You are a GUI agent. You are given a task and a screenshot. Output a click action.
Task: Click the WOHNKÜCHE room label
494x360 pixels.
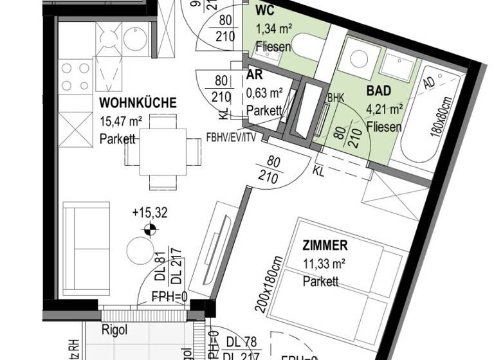pos(138,103)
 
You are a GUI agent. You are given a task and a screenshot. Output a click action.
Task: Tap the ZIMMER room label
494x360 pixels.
pos(325,245)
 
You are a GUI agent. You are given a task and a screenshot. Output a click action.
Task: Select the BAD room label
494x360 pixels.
pos(379,91)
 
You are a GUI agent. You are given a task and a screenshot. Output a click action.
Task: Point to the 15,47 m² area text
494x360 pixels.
pos(121,121)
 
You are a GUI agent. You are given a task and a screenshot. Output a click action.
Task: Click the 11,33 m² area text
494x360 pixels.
pos(325,263)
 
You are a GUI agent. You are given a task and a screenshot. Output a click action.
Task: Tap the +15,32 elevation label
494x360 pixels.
pos(149,213)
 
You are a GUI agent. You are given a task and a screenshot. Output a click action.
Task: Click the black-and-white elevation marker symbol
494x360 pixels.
pos(149,228)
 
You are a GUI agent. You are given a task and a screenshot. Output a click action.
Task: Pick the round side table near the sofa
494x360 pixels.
pos(140,250)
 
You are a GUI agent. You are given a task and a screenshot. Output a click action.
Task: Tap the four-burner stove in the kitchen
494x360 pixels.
pos(75,76)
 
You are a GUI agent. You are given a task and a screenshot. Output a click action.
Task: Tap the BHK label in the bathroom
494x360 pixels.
pos(336,98)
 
